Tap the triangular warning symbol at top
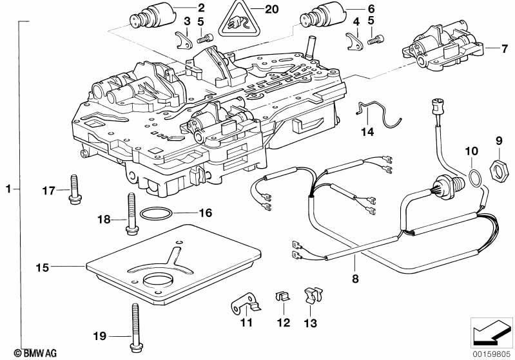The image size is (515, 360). tap(235, 23)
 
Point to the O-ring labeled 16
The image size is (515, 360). tap(156, 214)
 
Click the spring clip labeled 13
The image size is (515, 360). tap(310, 296)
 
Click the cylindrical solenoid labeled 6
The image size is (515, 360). tap(320, 15)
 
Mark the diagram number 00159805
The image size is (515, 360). tap(489, 353)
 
